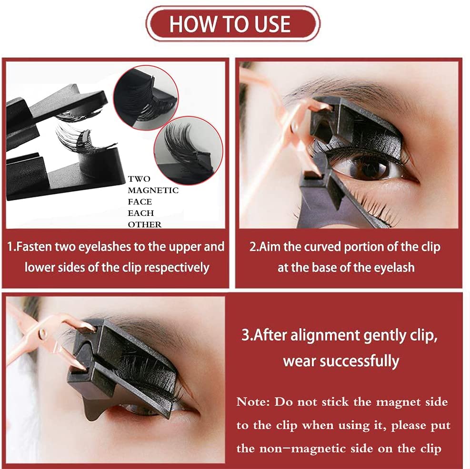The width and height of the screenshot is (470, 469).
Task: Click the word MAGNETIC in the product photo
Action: (153, 190)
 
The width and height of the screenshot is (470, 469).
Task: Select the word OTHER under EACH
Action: (144, 225)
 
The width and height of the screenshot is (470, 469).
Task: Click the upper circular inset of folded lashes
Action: (146, 98)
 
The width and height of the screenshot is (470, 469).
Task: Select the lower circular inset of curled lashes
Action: (188, 151)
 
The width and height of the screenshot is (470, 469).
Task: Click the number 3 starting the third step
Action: (246, 335)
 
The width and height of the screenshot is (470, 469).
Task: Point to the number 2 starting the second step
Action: (253, 247)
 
